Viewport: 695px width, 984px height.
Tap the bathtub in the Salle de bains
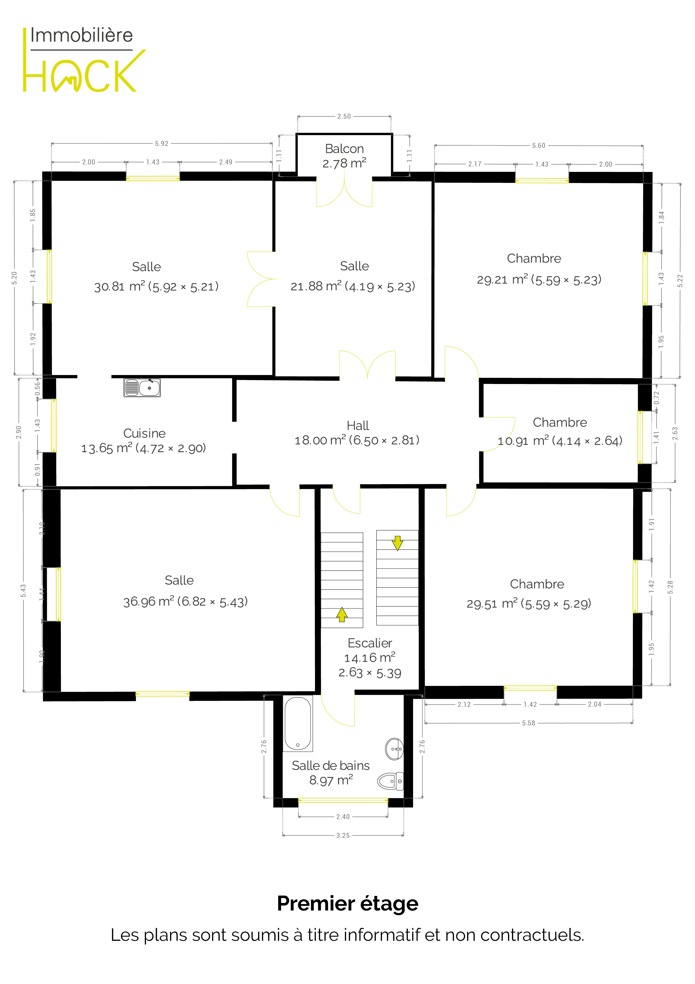298,723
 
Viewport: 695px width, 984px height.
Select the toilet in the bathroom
391,781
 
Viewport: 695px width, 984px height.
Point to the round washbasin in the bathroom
394,749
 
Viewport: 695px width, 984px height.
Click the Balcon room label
344,149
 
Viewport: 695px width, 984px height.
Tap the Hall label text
358,426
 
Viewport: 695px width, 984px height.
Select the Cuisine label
144,433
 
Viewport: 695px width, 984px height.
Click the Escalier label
370,643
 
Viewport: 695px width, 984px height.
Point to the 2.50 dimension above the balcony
344,116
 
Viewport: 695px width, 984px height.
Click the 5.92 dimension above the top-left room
161,144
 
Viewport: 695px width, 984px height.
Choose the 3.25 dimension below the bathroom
342,835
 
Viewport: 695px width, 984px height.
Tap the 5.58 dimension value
529,723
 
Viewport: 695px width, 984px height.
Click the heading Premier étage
348,903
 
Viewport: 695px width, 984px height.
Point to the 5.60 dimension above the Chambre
539,146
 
